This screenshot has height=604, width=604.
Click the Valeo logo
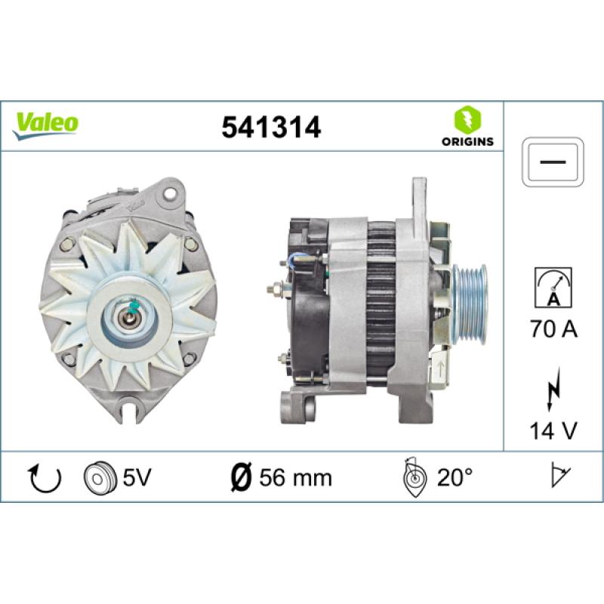point(45,125)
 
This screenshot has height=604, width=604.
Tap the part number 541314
point(271,128)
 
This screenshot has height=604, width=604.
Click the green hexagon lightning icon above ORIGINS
point(467,120)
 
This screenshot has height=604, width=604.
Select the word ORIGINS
point(467,142)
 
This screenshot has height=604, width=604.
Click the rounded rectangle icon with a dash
point(553,162)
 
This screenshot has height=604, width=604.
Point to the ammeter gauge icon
point(553,288)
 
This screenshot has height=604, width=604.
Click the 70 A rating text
point(553,329)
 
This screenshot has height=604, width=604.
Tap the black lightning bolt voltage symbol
point(553,389)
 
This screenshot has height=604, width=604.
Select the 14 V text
point(553,430)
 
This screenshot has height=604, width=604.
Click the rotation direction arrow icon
point(45,479)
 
